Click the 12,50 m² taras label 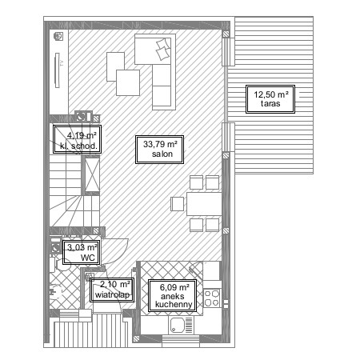tap(270, 99)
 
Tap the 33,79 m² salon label tap(159, 150)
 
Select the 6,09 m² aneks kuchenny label tap(173, 296)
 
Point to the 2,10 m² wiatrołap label tap(112, 290)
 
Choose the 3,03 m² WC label tap(82, 253)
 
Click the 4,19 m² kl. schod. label tap(77, 139)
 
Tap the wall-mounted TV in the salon tap(57, 70)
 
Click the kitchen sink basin tap(176, 325)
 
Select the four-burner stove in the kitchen tap(212, 298)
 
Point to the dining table tap(204, 204)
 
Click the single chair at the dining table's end tap(178, 204)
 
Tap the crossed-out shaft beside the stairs tap(92, 175)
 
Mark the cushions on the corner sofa tap(163, 50)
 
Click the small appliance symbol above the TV tap(58, 36)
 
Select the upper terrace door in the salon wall tap(228, 52)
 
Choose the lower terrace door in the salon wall tap(228, 137)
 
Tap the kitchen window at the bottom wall tap(181, 342)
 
